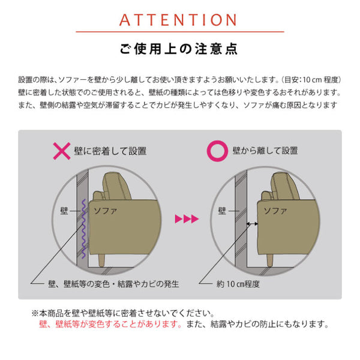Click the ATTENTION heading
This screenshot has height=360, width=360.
180,19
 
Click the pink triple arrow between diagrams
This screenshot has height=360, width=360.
185,219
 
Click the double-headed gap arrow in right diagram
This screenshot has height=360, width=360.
253,223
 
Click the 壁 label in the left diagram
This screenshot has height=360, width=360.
64,211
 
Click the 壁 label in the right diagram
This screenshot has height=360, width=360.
222,211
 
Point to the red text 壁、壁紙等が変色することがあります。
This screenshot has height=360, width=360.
110,325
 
